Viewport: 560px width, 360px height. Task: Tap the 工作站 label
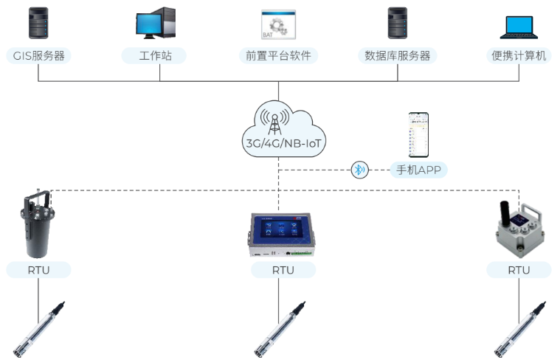(x=155, y=55)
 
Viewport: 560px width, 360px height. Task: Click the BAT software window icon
(x=278, y=24)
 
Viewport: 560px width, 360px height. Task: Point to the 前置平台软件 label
(x=278, y=55)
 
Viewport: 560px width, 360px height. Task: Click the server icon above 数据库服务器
(x=398, y=23)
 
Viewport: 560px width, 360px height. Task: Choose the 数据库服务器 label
(x=398, y=55)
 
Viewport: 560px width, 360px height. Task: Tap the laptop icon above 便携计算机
(x=520, y=27)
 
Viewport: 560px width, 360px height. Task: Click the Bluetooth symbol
(x=359, y=170)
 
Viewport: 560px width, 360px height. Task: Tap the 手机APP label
(x=418, y=170)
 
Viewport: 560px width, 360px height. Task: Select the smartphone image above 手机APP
(x=418, y=135)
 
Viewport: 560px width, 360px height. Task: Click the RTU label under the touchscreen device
(x=283, y=270)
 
